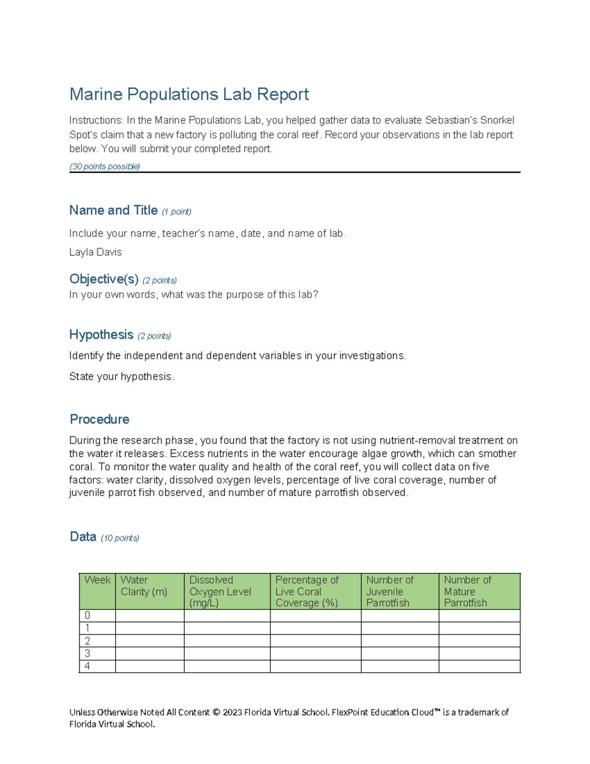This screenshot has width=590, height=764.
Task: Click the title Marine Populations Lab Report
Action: [x=189, y=94]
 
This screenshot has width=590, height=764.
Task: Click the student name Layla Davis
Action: [x=95, y=252]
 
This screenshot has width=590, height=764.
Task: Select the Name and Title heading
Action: [x=113, y=211]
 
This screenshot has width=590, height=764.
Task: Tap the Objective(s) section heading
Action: [x=104, y=279]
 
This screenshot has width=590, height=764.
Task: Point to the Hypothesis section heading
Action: [x=101, y=335]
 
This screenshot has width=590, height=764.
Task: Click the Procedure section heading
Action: [x=99, y=419]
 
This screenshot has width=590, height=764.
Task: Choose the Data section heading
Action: [x=83, y=537]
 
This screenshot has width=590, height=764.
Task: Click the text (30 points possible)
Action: [x=105, y=166]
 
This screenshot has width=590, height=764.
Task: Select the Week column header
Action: [x=97, y=581]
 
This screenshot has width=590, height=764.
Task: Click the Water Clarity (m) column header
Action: [x=144, y=586]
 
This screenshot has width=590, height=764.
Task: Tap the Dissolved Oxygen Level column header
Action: [x=220, y=591]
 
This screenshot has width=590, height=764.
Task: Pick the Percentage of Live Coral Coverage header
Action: [x=307, y=591]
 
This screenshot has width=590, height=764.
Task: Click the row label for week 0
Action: [x=88, y=615]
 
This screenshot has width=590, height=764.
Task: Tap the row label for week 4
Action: [x=88, y=666]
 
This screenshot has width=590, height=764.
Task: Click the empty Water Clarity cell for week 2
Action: [x=149, y=641]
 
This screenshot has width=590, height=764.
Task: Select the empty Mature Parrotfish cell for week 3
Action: [x=479, y=653]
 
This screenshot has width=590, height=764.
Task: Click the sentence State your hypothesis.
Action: [x=121, y=377]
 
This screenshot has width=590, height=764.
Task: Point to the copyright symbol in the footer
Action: [x=216, y=712]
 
